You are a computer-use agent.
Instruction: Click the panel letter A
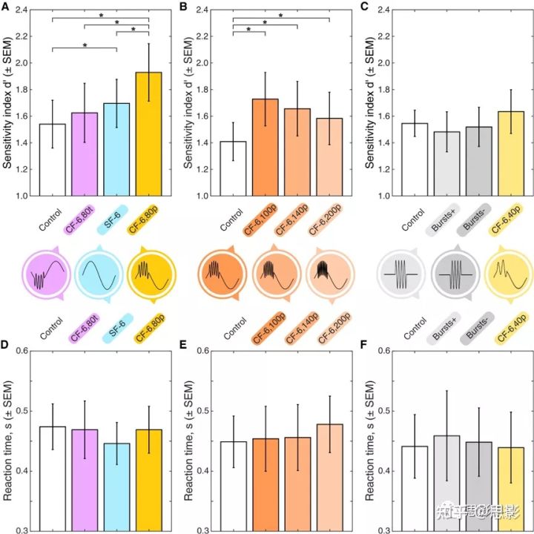[x=6, y=8]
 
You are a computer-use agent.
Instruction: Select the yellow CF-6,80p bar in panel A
[x=148, y=133]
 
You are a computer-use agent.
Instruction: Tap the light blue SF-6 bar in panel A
[x=116, y=149]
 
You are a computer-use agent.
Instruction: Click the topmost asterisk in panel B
[x=281, y=15]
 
